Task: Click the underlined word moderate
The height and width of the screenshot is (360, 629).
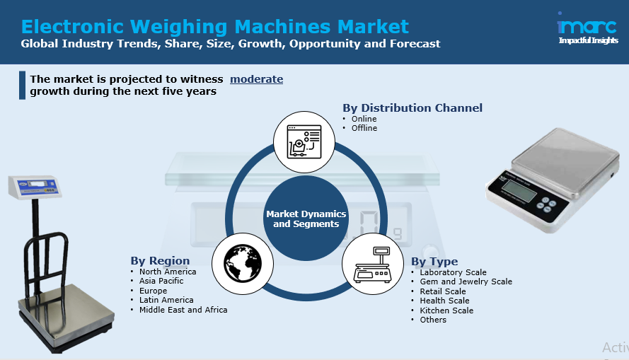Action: (x=256, y=79)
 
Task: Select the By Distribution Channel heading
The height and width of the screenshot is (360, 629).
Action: (x=412, y=108)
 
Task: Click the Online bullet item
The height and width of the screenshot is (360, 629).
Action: (x=364, y=119)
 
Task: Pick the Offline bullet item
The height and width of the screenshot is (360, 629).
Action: (x=364, y=128)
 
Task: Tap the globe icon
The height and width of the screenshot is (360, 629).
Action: (x=243, y=264)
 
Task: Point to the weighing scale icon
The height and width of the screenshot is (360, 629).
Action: (x=372, y=264)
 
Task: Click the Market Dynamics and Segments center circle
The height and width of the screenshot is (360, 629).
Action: (x=306, y=219)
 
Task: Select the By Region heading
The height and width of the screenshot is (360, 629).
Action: (x=160, y=261)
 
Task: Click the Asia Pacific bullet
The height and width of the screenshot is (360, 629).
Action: (x=161, y=281)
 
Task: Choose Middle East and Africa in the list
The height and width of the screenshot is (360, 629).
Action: (x=183, y=310)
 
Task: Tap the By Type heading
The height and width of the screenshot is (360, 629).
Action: (x=434, y=262)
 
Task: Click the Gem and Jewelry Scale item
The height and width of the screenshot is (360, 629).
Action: (x=466, y=281)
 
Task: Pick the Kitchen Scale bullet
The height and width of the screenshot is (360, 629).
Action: (x=446, y=310)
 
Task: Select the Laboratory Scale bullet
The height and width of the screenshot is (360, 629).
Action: (x=453, y=272)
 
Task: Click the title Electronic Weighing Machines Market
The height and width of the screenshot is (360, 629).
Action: (x=215, y=27)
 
